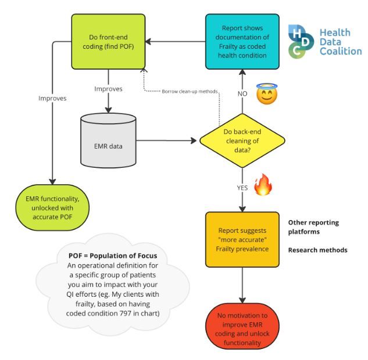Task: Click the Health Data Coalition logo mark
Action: (301, 41)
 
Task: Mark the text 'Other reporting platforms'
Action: (313, 227)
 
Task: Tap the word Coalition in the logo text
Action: (340, 51)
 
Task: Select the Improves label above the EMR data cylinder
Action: (108, 89)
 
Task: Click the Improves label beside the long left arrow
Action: (52, 98)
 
